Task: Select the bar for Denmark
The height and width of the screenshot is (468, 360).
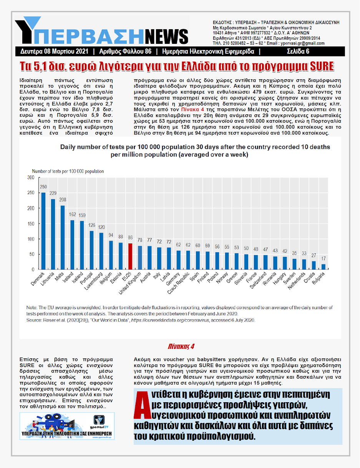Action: coord(43,231)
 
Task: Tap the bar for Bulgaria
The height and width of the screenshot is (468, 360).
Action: coord(323,266)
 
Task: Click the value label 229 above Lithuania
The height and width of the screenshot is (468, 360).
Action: coord(53,193)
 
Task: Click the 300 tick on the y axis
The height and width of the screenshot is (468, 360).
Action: coord(31,178)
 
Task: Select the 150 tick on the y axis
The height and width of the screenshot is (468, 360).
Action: coord(31,224)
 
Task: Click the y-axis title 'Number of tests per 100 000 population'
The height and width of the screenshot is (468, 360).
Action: coord(68,171)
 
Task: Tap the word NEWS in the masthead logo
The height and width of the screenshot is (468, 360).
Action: coord(169,35)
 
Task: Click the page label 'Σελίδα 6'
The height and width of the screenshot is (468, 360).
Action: coord(298,52)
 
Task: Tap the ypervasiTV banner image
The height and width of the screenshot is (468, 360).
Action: coord(67,426)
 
